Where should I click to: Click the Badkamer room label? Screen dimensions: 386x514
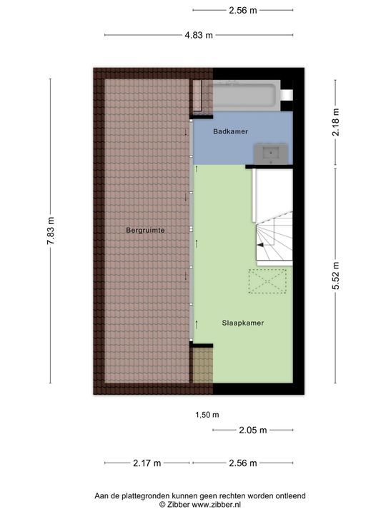(x=230, y=131)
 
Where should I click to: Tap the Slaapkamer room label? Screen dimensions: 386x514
(x=243, y=323)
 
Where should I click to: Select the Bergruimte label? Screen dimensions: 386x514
(x=145, y=230)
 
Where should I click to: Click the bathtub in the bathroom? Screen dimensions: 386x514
(x=247, y=96)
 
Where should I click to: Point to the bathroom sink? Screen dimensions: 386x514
(x=271, y=153)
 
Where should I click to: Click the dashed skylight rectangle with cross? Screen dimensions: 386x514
(x=267, y=281)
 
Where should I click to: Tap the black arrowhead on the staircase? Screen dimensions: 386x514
(x=260, y=245)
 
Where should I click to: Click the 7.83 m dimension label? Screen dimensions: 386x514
(x=51, y=231)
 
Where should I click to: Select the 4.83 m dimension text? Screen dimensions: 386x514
(x=199, y=35)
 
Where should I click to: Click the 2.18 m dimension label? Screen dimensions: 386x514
(x=335, y=122)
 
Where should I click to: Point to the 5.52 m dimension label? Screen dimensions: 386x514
(x=335, y=276)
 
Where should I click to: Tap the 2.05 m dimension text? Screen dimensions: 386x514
(x=253, y=430)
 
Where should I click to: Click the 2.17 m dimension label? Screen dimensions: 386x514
(x=147, y=463)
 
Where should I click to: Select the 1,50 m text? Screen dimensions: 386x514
(x=207, y=415)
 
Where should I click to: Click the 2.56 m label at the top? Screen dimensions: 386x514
(x=243, y=10)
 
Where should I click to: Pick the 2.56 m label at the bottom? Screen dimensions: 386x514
(x=243, y=463)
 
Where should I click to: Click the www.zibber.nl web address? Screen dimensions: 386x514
(x=217, y=505)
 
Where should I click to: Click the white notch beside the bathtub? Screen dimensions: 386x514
(x=287, y=95)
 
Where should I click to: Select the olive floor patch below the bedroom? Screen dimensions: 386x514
(x=202, y=365)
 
